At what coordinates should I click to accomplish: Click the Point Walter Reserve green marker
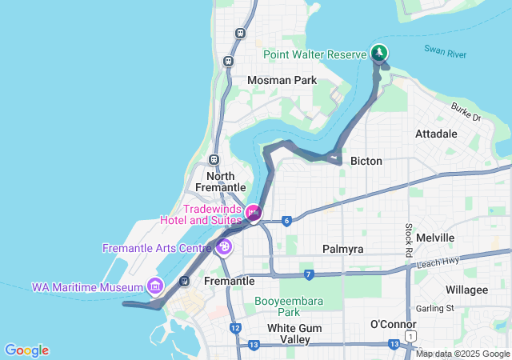coord(379,53)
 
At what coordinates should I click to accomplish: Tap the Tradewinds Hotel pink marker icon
coord(254,212)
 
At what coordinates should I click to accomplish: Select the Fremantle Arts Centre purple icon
coord(224,247)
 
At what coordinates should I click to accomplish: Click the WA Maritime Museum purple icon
coord(154,286)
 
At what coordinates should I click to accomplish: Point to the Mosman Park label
coord(282,80)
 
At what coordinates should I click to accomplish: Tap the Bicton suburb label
coord(366,161)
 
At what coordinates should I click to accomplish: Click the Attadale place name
coord(437,134)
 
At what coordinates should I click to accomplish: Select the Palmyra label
coord(342,249)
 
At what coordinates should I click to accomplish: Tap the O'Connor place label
coord(392,323)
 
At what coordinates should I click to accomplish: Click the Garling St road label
coord(434,307)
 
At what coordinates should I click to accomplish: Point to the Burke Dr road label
coord(466,113)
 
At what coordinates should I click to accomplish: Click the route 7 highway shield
coord(308,275)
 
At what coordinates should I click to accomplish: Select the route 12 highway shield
coord(234,328)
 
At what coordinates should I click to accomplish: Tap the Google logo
coord(26,350)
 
